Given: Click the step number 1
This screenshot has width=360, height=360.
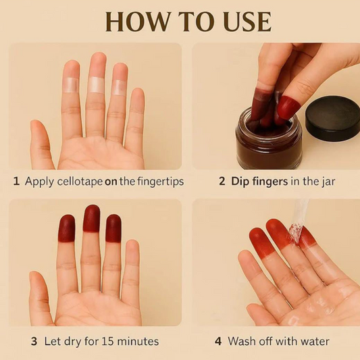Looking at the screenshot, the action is coord(16,182).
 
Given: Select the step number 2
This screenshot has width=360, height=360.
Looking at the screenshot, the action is coord(222,182).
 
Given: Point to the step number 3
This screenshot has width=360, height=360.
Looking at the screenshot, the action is coord(34,341).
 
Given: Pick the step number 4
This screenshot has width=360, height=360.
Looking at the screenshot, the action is coord(218,341).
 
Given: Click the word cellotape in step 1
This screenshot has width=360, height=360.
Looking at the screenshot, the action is coord(80,182).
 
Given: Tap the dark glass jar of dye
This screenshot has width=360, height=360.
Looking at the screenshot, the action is coord(269,139).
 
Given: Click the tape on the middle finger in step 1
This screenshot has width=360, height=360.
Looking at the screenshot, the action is coord(96,84).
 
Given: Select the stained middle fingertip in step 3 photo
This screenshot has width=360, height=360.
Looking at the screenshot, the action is coord(92,218).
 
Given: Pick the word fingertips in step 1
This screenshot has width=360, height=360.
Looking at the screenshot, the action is coord(161,182).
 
